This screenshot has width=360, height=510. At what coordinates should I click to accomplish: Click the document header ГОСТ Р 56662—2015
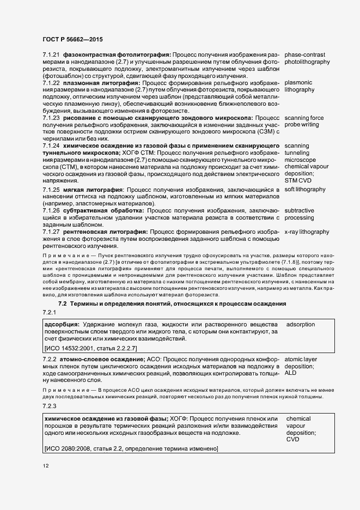click(72, 39)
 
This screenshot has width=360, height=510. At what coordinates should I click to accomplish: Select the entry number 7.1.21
click(51, 55)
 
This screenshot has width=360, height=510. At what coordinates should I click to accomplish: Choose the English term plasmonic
click(298, 82)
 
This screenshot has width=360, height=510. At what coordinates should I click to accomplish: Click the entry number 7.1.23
click(51, 118)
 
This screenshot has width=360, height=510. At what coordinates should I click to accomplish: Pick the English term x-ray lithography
click(307, 232)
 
